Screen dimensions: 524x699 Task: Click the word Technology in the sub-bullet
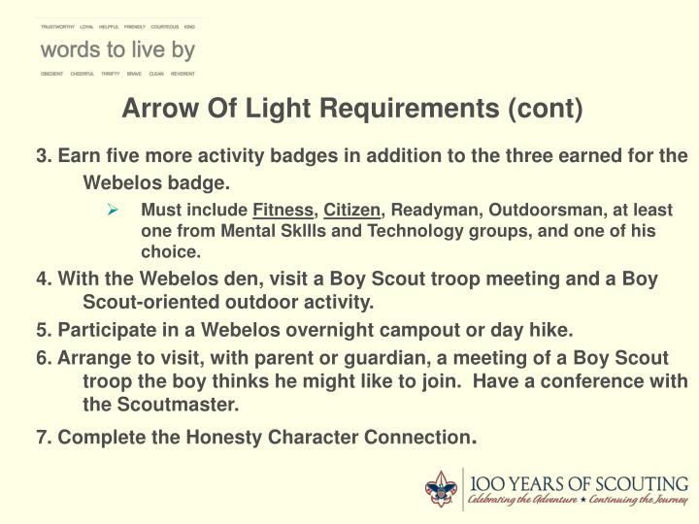[x=472, y=231]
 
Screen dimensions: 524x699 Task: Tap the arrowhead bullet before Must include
[x=113, y=210]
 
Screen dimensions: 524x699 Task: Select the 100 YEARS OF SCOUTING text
[x=580, y=482]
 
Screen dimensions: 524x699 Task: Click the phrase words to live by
[x=116, y=49]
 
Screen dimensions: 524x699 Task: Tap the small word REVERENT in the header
[x=183, y=74]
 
